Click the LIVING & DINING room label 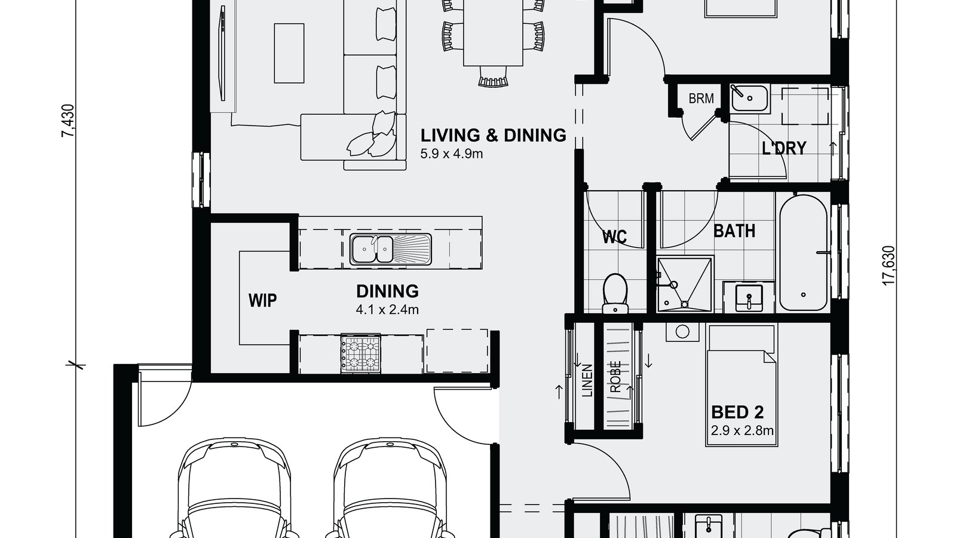click(x=493, y=135)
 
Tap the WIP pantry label click(x=262, y=299)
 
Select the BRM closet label click(x=701, y=99)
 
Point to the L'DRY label click(x=784, y=148)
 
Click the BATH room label click(x=734, y=231)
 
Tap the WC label click(x=614, y=237)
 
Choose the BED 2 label click(x=737, y=412)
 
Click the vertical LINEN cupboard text click(x=587, y=381)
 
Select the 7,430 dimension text click(x=69, y=121)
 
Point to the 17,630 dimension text click(x=889, y=265)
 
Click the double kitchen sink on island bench click(x=390, y=249)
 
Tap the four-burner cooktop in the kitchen click(x=360, y=353)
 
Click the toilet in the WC click(x=615, y=293)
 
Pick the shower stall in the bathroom click(x=685, y=285)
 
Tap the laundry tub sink click(x=749, y=99)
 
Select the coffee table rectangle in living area click(x=289, y=53)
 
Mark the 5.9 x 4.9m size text click(x=451, y=154)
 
